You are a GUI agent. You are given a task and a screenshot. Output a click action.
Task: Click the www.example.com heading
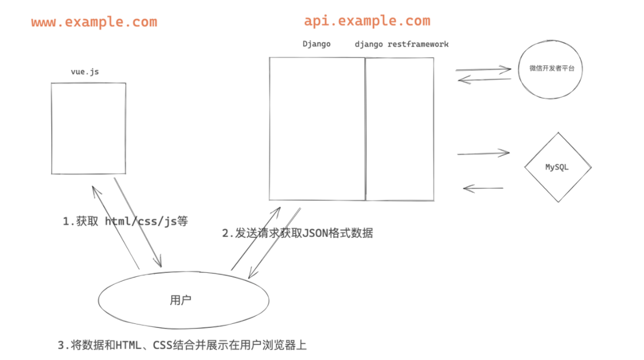[x=94, y=22]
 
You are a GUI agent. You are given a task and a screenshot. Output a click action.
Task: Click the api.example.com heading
[x=367, y=21]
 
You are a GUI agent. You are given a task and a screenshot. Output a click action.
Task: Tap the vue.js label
[x=84, y=72]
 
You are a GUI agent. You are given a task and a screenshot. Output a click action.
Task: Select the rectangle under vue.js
[x=88, y=128]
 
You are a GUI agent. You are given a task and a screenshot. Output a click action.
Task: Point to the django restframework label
[x=401, y=44]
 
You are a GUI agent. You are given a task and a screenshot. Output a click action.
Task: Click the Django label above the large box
[x=317, y=44]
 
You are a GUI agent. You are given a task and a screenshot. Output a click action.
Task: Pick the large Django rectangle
[x=317, y=128]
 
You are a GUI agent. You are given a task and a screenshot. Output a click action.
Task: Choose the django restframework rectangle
[x=400, y=128]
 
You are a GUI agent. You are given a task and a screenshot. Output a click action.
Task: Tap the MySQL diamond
[x=557, y=167]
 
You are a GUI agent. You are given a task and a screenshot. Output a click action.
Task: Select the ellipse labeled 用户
[x=184, y=300]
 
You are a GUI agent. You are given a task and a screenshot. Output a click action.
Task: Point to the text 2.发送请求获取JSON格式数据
[x=298, y=233]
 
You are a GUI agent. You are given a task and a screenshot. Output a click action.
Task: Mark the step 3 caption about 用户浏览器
[x=182, y=345]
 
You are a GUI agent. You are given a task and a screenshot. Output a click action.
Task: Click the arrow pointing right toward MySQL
[x=483, y=153]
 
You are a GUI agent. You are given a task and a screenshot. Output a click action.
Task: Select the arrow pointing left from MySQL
[x=483, y=188]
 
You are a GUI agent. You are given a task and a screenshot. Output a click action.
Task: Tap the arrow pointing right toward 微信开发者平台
[x=483, y=70]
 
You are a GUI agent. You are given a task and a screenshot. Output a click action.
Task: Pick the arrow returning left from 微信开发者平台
[x=484, y=80]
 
